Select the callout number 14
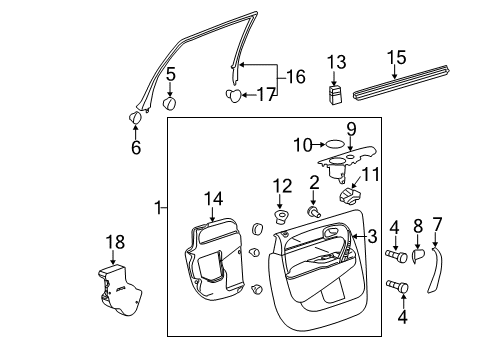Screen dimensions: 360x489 [214, 198]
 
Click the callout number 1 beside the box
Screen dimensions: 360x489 [158, 207]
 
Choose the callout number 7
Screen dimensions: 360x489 [436, 223]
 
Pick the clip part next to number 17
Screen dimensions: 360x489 [233, 96]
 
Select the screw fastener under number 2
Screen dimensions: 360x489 [314, 211]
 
